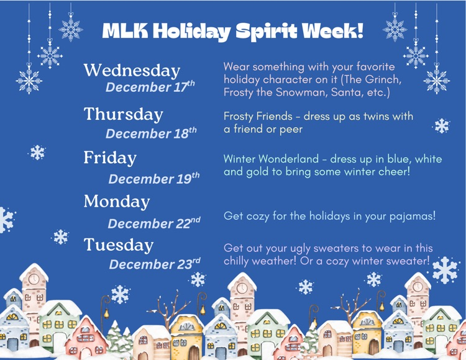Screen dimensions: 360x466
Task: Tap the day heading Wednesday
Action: [x=132, y=70]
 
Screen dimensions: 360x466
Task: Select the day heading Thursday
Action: [x=123, y=114]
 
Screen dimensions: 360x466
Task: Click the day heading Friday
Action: [x=110, y=158]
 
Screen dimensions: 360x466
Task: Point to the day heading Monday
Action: [x=117, y=202]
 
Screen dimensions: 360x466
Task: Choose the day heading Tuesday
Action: [x=119, y=245]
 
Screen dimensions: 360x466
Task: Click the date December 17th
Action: [x=150, y=87]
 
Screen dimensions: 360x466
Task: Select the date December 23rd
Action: [x=154, y=264]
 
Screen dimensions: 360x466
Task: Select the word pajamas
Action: [x=408, y=216]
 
